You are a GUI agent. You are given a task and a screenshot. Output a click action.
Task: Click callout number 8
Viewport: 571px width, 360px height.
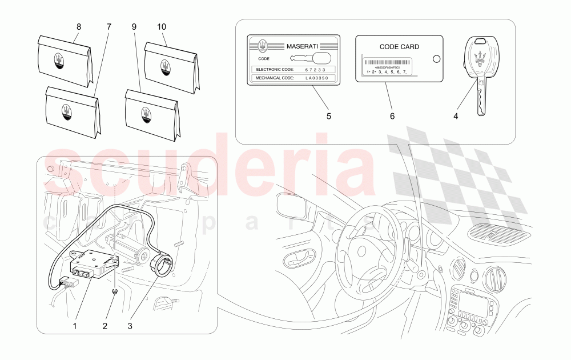point(79,26)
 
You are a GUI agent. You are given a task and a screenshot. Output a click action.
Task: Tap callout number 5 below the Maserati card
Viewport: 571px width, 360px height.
point(328,116)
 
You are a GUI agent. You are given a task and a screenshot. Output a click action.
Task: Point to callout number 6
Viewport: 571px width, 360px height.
point(392,116)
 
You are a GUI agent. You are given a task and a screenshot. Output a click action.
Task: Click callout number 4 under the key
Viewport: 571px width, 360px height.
point(456,116)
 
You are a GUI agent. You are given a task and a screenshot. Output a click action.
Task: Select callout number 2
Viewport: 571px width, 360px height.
point(104,326)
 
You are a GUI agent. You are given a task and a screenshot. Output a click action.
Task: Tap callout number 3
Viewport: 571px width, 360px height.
point(130,326)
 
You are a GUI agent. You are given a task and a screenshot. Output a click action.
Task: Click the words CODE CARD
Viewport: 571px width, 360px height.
point(399,47)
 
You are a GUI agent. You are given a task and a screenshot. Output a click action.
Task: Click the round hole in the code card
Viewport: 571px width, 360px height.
point(437,58)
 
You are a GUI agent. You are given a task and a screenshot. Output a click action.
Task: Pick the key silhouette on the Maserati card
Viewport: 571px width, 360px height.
point(312,58)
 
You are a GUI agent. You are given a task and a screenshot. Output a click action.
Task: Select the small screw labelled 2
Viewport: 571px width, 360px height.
point(115,292)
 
